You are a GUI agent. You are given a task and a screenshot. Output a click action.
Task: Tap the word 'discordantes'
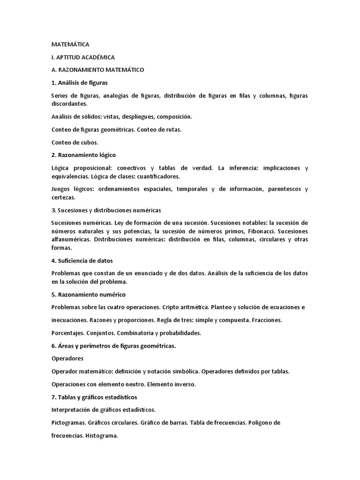[68, 104]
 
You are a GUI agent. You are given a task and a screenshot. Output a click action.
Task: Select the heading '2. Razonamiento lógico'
[83, 155]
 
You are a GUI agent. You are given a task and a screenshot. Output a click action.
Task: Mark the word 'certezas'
[63, 197]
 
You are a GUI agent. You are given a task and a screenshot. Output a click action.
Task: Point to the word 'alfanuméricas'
[71, 240]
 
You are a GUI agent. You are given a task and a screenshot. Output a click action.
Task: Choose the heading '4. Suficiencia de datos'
[82, 261]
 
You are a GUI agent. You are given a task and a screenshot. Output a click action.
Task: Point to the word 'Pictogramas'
[68, 422]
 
